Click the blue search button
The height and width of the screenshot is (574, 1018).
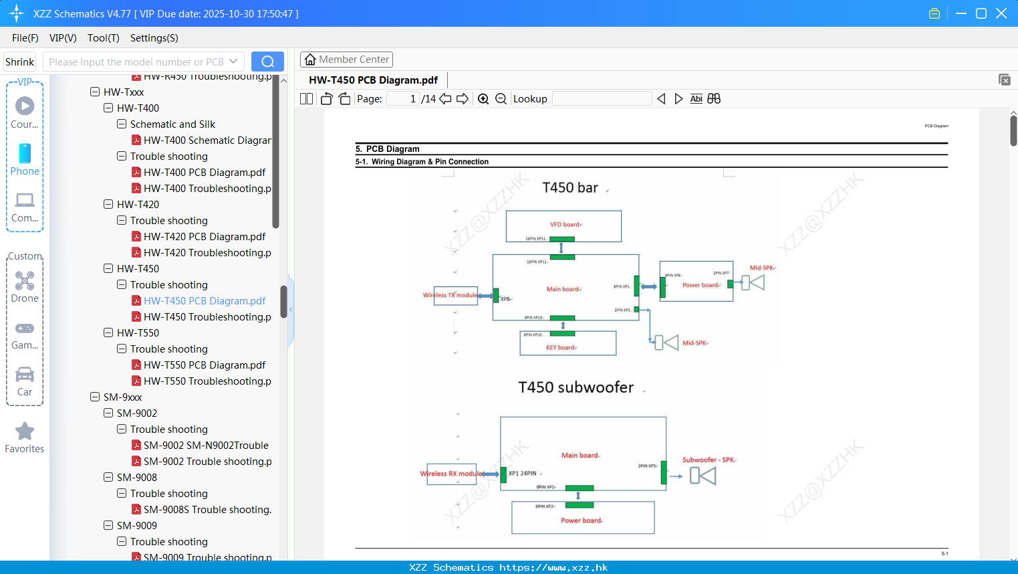click(267, 62)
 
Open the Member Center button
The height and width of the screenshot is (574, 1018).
click(346, 60)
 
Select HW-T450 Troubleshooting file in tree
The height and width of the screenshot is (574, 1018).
click(207, 317)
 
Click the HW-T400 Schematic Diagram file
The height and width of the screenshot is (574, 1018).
click(207, 140)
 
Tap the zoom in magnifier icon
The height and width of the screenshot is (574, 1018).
click(483, 99)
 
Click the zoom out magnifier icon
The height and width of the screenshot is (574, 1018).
click(501, 99)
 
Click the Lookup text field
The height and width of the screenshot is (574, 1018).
click(602, 99)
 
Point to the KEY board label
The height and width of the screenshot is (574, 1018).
click(560, 348)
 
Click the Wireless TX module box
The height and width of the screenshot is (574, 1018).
click(455, 295)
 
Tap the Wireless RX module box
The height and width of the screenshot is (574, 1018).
click(451, 474)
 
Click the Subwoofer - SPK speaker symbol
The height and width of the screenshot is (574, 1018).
click(703, 476)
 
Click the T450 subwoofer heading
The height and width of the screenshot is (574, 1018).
click(576, 387)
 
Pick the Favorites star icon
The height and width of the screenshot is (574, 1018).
click(25, 432)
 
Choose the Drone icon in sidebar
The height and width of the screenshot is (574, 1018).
click(25, 280)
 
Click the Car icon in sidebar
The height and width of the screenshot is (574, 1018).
click(25, 374)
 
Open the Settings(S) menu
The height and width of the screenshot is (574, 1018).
click(154, 38)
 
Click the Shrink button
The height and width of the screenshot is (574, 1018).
click(20, 62)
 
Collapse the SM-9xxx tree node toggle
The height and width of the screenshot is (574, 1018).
click(95, 397)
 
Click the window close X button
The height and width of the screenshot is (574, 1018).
click(1001, 13)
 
